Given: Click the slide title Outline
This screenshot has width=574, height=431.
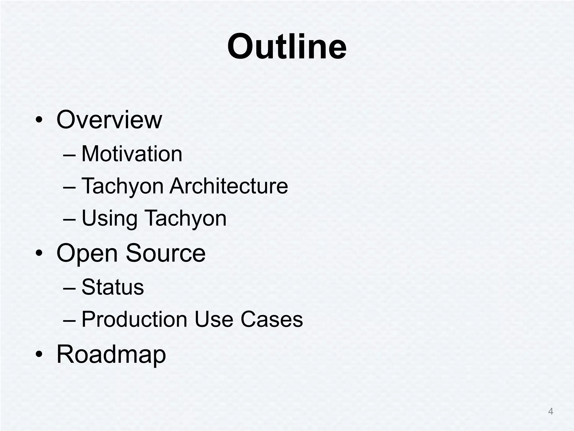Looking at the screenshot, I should point(287,46).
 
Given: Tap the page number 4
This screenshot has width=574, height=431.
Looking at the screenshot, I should point(550,411).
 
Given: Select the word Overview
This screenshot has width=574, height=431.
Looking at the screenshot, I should point(109,120).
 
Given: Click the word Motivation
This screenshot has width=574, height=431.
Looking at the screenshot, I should point(132,154).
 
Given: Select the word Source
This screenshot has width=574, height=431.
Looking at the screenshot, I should point(166,253).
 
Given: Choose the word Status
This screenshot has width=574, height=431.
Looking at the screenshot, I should point(113,287).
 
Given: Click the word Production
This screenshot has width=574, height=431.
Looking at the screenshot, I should point(134,319).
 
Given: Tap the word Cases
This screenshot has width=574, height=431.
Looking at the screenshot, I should point(272,319).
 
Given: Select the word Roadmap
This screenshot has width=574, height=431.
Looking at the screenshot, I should point(111,355).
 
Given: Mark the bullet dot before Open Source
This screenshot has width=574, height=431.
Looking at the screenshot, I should point(39,253).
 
